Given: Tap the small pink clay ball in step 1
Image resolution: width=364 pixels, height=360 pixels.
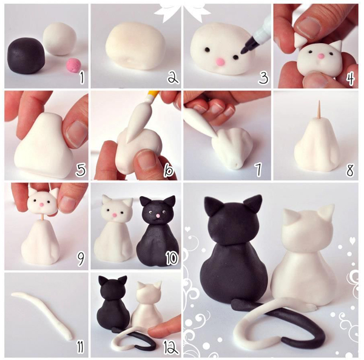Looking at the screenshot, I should coord(73,63).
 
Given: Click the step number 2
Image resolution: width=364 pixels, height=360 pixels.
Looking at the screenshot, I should coord(172,77).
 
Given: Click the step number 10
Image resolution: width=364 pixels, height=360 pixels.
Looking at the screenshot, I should coord(171,259).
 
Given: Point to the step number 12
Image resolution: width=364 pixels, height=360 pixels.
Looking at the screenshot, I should coord(170,347).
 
